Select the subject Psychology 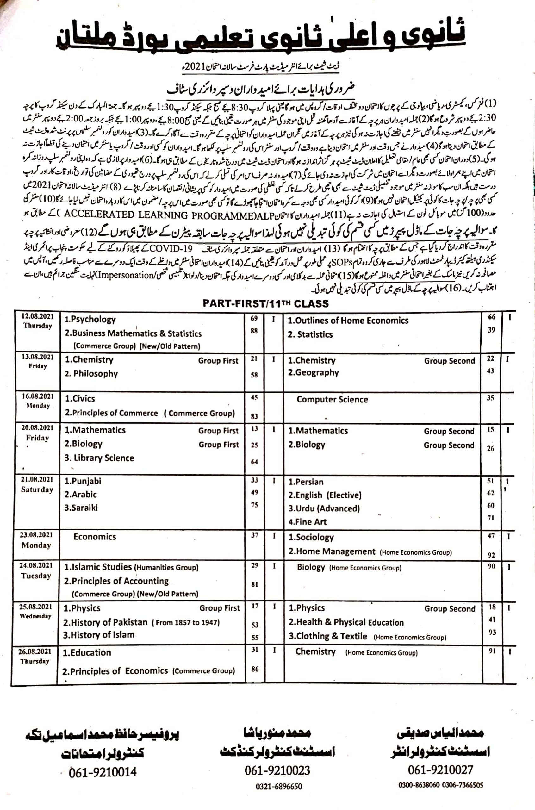90,320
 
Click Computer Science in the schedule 332,400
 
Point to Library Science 99,458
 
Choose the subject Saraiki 81,508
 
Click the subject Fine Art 308,522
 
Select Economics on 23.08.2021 95,537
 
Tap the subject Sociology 311,537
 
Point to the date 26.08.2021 34,651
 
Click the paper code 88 254,331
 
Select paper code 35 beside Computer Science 490,398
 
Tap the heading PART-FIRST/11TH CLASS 265,303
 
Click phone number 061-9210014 103,772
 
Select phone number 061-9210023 277,770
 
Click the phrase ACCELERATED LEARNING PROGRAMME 160,215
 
